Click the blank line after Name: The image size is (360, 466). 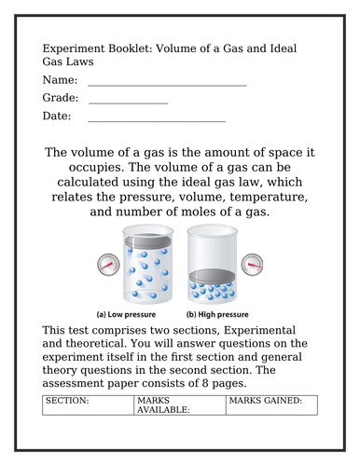point(168,84)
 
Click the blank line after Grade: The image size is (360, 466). point(127,102)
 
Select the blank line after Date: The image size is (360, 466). point(157,120)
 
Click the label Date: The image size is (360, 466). point(57,116)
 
